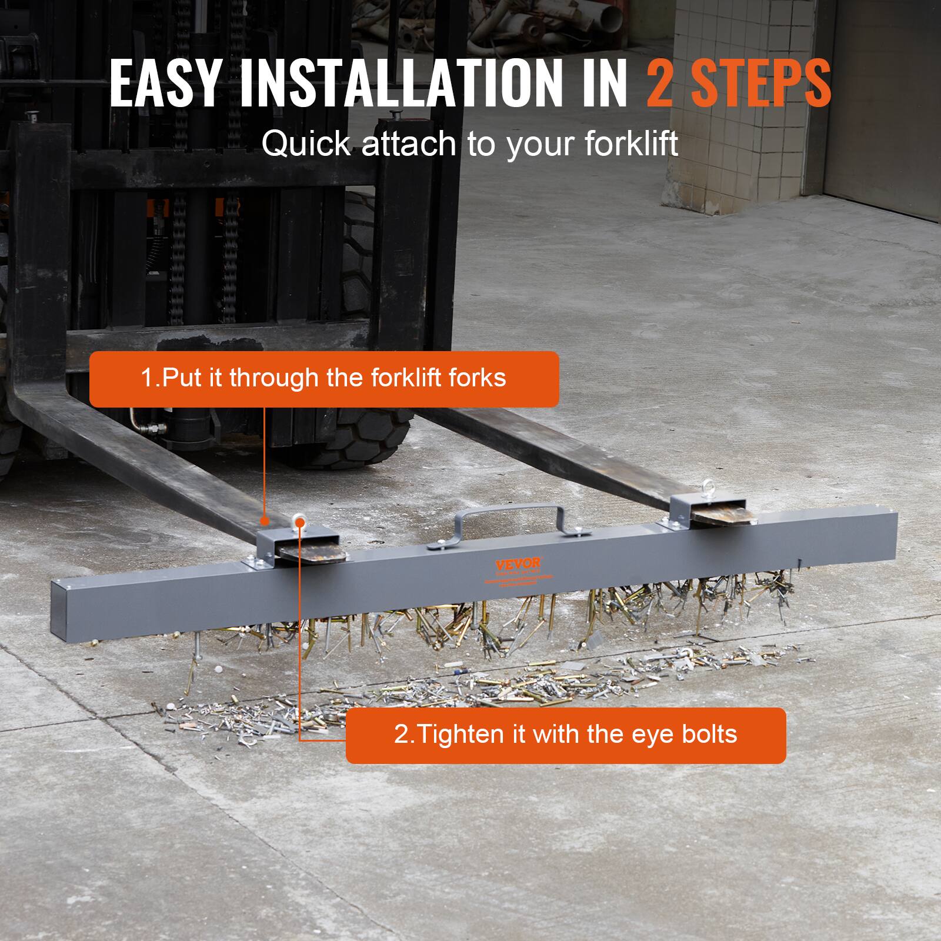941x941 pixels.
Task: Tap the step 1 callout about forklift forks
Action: coord(323,379)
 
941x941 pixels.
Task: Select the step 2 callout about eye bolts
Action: coord(565,735)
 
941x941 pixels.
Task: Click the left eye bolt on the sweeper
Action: coord(298,521)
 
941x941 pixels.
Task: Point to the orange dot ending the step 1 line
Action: coord(265,520)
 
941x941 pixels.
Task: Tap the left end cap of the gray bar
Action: coord(66,610)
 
